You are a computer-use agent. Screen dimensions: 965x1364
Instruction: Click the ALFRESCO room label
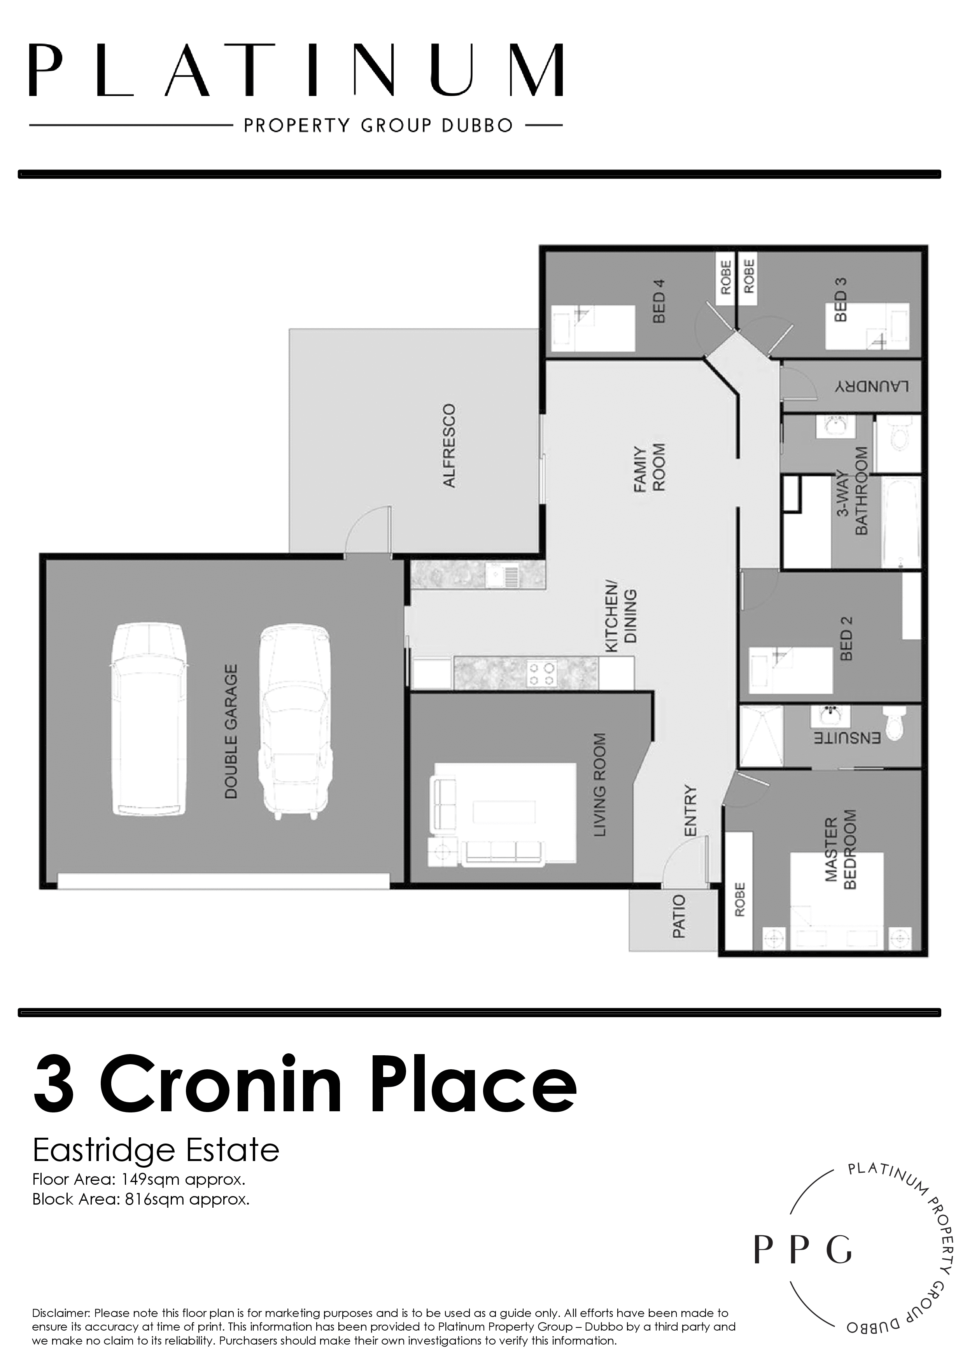coord(449,446)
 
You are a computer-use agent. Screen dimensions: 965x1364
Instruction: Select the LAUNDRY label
coord(872,386)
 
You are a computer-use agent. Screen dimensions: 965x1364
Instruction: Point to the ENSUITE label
coord(847,738)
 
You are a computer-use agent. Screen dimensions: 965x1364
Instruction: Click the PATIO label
coord(679,916)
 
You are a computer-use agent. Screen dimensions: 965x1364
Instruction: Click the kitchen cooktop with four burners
coord(541,673)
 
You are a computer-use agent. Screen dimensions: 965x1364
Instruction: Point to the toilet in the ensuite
coord(893,722)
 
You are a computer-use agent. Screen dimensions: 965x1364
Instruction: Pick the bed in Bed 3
coord(866,326)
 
